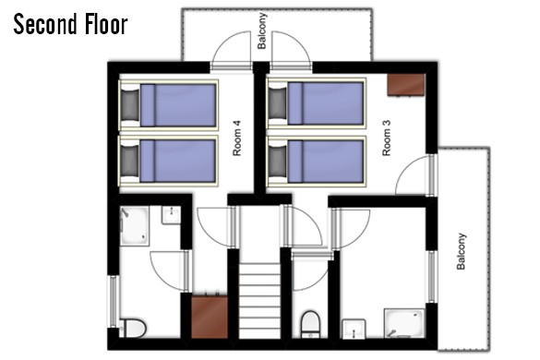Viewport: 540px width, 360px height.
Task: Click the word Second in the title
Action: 45,24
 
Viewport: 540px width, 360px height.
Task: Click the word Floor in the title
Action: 106,24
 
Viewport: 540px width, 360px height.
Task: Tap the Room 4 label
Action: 237,138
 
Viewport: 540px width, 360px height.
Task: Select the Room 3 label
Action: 387,138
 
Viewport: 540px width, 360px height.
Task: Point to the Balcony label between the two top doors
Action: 261,30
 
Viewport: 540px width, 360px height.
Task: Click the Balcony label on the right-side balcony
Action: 462,251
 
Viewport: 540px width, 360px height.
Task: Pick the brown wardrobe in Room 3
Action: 405,84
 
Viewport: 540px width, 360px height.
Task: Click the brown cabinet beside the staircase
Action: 210,317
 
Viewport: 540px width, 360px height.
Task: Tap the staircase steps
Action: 259,300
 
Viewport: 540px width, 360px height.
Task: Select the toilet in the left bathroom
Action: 133,329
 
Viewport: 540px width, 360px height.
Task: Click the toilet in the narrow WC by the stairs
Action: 311,325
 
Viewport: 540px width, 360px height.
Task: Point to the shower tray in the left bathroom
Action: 135,226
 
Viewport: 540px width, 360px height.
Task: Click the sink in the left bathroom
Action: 171,215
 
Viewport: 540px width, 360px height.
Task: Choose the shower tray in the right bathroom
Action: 404,323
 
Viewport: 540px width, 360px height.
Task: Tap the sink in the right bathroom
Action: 354,329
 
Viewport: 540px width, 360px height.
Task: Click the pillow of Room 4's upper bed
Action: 130,105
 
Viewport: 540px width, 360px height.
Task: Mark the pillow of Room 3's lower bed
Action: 277,162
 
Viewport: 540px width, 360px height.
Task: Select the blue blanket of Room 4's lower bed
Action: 178,161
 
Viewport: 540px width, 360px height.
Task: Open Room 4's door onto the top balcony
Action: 231,51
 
